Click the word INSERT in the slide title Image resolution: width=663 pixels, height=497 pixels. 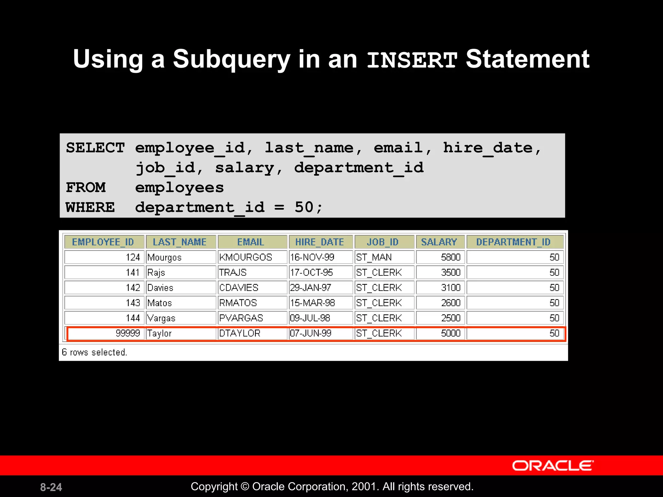pos(412,60)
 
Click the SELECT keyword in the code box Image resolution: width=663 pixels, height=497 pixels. pos(95,148)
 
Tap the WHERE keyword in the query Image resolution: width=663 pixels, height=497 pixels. pos(90,207)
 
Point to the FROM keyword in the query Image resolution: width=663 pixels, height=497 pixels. pos(86,187)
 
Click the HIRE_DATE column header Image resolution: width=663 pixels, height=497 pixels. pos(320,242)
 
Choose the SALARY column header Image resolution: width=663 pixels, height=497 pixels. pos(439,242)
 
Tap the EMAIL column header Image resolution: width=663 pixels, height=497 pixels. pos(251,242)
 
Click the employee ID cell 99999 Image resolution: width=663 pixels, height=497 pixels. pos(128,333)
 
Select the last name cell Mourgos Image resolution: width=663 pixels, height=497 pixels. pos(164,258)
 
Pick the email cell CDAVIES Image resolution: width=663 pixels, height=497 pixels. pos(239,288)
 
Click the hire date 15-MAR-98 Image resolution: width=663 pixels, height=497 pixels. pos(312,303)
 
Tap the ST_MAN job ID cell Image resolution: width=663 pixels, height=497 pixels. pos(374,258)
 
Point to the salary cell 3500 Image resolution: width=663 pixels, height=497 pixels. pos(451,272)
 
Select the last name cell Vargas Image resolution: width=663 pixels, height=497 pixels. pos(161,318)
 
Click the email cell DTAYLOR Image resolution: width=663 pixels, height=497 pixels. pos(240,333)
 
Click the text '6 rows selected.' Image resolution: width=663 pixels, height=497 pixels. pos(94,352)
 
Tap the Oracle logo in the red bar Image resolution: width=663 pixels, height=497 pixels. pos(553,466)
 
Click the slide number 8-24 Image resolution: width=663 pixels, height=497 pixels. pos(51,487)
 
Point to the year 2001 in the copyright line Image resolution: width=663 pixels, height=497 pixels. pos(365,487)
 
